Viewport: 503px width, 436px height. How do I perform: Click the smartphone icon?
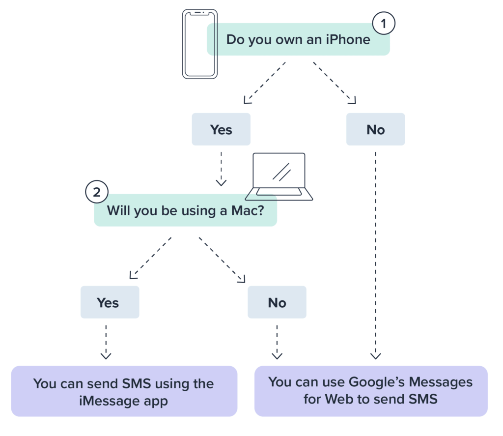(196, 44)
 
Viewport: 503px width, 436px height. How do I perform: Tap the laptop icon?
(279, 176)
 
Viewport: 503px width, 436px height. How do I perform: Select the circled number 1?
(383, 23)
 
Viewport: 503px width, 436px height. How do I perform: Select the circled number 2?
(97, 192)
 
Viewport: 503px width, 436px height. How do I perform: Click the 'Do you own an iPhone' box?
(298, 39)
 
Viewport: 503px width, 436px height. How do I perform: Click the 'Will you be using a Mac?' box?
(185, 211)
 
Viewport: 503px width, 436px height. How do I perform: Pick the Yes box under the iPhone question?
(221, 129)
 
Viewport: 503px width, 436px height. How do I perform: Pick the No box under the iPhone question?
(375, 129)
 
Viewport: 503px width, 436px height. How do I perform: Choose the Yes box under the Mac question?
(110, 302)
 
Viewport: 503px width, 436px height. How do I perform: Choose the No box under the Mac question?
(277, 302)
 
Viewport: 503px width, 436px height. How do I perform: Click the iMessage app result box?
(124, 392)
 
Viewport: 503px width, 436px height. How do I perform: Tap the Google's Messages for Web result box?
(370, 391)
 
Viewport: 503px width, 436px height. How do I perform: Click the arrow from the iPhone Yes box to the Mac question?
(221, 167)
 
